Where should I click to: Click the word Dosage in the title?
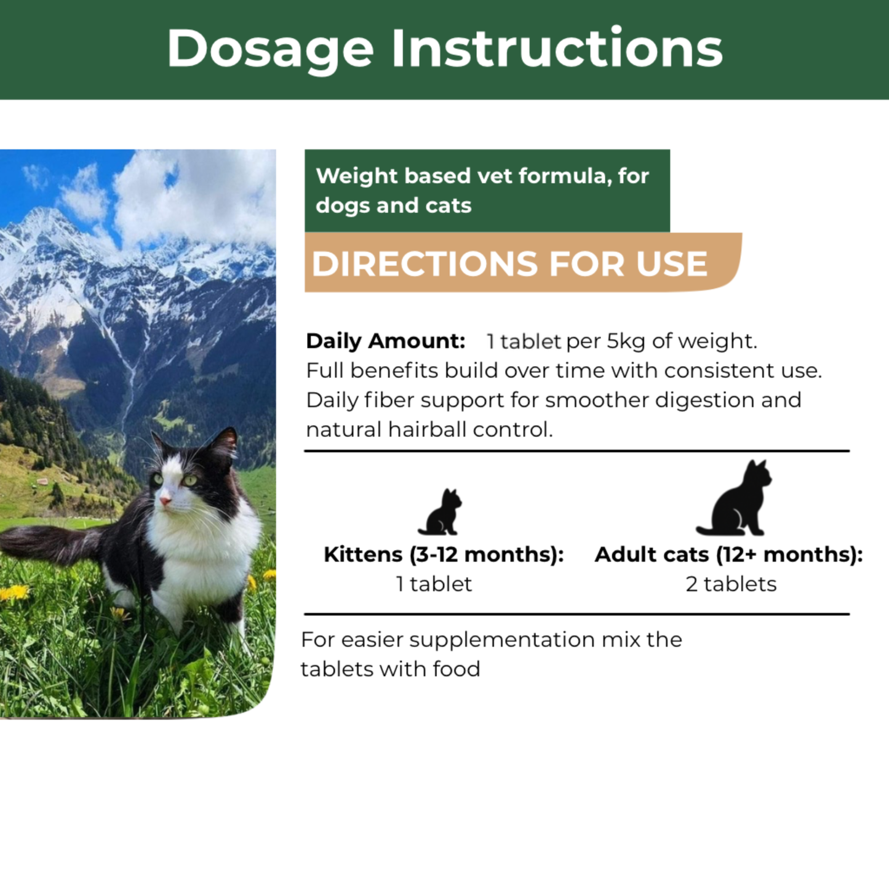coord(270,49)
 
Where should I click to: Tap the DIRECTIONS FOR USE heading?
coord(509,264)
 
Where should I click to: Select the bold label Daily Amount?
coord(386,341)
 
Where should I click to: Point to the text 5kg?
coord(626,341)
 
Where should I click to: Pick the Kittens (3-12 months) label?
coord(444,554)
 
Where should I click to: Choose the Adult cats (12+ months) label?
coord(728,554)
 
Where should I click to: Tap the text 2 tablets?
coord(731,584)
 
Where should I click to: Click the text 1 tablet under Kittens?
coord(434,584)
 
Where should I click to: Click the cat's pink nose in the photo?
coord(165,501)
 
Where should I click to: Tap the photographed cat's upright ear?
coord(225,441)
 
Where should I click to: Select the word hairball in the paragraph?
coord(427,429)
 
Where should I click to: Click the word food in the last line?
coord(456,669)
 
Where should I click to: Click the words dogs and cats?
coord(393,205)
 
